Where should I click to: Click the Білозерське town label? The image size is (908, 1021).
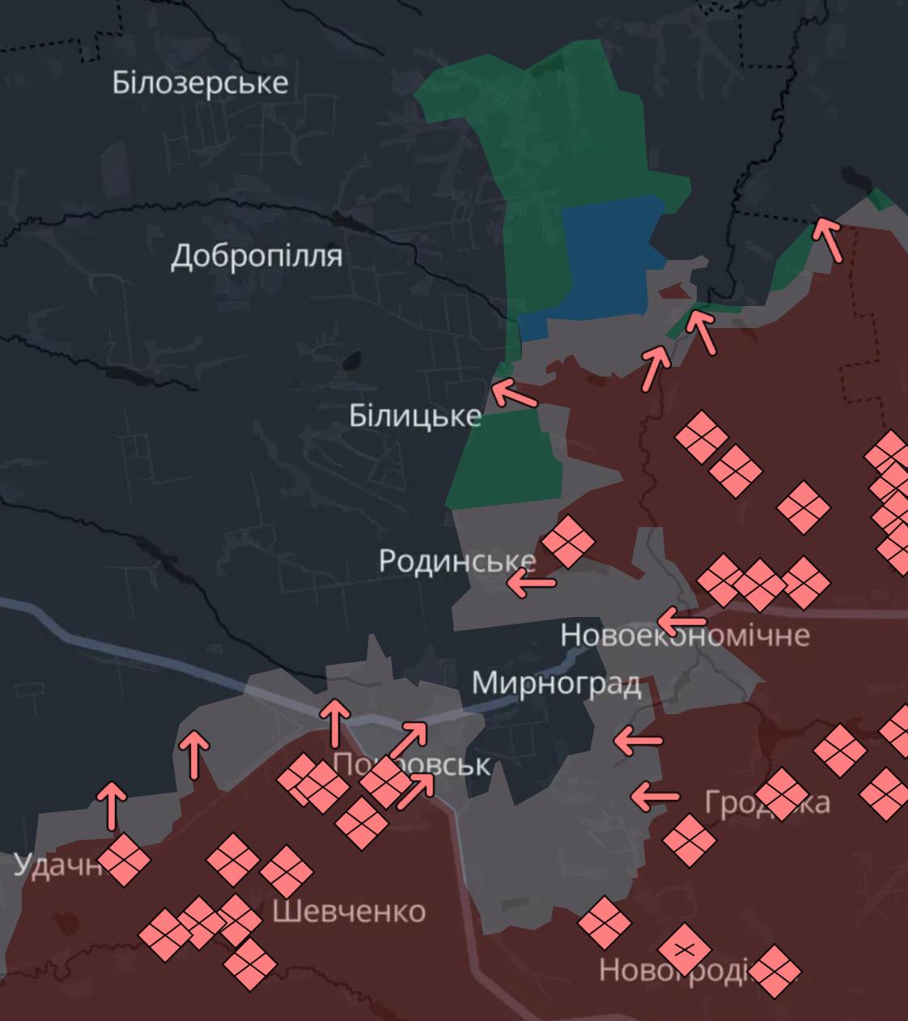pyautogui.click(x=200, y=83)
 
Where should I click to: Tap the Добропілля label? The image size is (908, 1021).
pyautogui.click(x=257, y=256)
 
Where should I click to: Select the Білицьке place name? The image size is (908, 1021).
pyautogui.click(x=415, y=416)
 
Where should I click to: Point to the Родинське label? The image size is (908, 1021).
pyautogui.click(x=457, y=561)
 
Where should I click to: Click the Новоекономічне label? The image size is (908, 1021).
pyautogui.click(x=685, y=635)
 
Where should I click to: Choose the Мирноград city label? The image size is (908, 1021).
pyautogui.click(x=557, y=683)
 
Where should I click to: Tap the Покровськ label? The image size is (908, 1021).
pyautogui.click(x=411, y=764)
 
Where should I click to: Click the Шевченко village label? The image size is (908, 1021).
pyautogui.click(x=349, y=912)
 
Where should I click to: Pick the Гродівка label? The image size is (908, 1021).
pyautogui.click(x=766, y=802)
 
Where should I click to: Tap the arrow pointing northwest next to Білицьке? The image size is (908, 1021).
pyautogui.click(x=514, y=394)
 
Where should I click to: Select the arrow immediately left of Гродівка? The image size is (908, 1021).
pyautogui.click(x=655, y=797)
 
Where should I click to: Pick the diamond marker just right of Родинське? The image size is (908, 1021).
pyautogui.click(x=568, y=541)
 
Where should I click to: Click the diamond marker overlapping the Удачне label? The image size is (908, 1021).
pyautogui.click(x=124, y=860)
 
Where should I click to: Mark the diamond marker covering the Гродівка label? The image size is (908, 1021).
pyautogui.click(x=782, y=794)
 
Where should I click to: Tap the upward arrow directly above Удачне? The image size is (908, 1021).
pyautogui.click(x=112, y=806)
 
